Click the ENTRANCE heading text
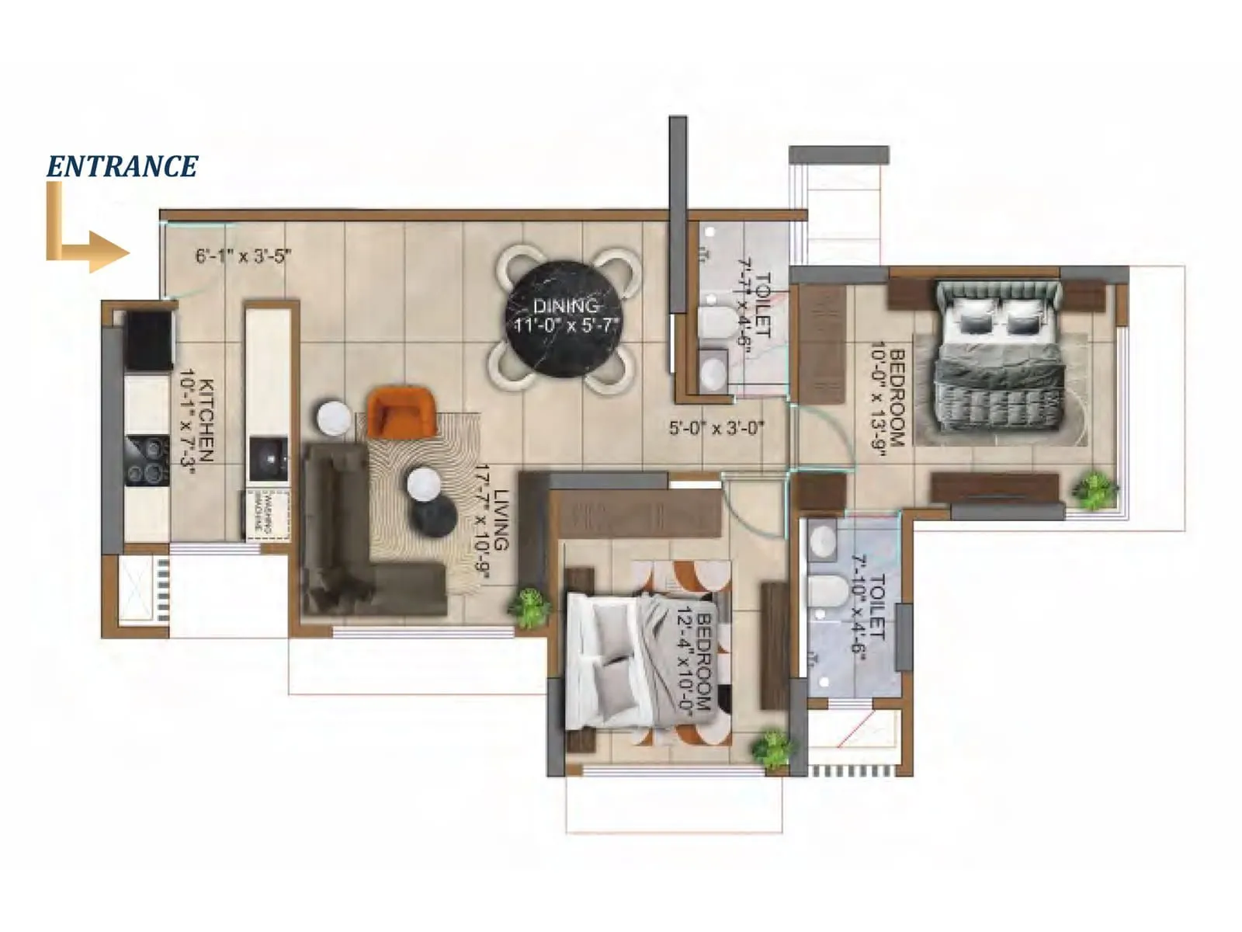coord(123,166)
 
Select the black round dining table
coord(564,316)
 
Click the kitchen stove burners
coord(147,461)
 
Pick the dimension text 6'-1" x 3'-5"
coord(243,256)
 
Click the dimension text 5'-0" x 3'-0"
coord(716,427)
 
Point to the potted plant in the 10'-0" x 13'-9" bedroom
coord(1095,489)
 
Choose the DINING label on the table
coord(565,305)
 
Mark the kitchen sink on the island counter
coord(268,459)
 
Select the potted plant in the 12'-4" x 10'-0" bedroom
coord(773,748)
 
